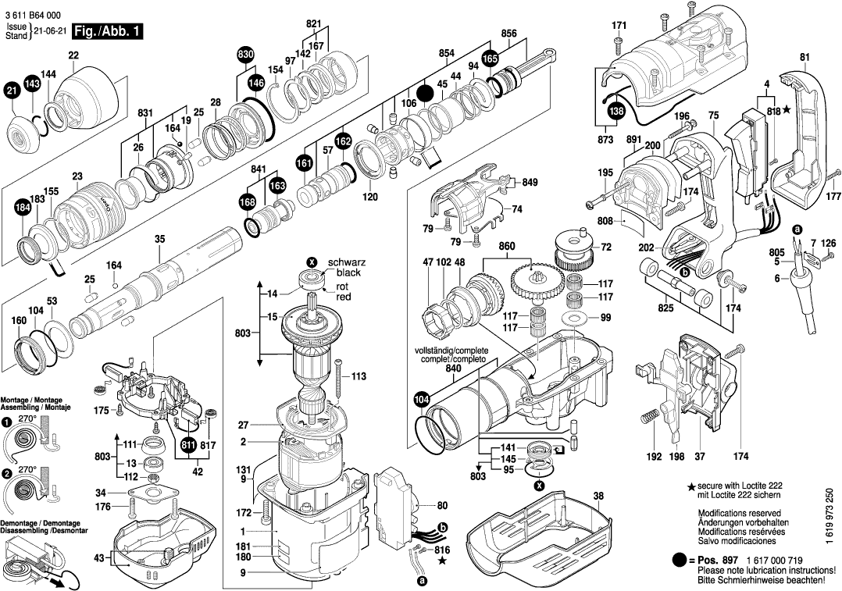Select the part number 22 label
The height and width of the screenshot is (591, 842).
pyautogui.click(x=73, y=55)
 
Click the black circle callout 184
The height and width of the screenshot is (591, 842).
pyautogui.click(x=23, y=208)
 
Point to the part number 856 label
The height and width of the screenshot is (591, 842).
pyautogui.click(x=508, y=34)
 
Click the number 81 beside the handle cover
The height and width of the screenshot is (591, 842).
pyautogui.click(x=805, y=56)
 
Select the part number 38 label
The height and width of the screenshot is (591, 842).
pyautogui.click(x=598, y=496)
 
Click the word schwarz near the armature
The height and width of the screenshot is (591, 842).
pyautogui.click(x=346, y=262)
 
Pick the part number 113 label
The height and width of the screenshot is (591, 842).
pyautogui.click(x=358, y=376)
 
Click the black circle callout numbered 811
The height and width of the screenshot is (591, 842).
pyautogui.click(x=188, y=446)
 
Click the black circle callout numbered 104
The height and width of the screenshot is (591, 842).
pyautogui.click(x=422, y=400)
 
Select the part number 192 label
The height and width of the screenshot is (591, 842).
pyautogui.click(x=653, y=456)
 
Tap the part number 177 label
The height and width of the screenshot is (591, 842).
pyautogui.click(x=833, y=196)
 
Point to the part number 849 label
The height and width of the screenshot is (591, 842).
pyautogui.click(x=530, y=183)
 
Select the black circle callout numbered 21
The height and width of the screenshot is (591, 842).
pyautogui.click(x=11, y=92)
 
